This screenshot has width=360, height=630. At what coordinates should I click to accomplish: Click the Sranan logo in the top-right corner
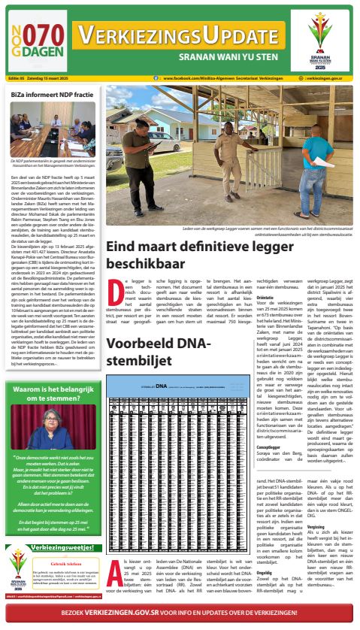coord(329,38)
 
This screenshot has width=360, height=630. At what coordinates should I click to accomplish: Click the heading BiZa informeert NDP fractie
coord(47,94)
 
